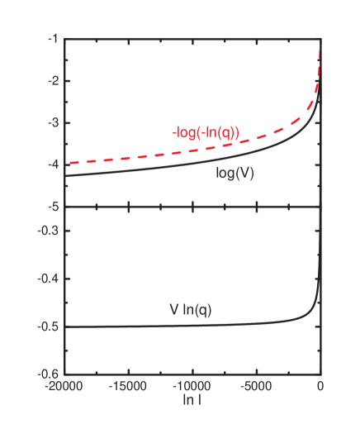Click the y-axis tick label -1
tap(52, 39)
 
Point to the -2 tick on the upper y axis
tap(52, 81)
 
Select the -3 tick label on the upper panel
tap(52, 123)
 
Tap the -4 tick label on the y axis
tap(52, 165)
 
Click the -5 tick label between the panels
tap(52, 207)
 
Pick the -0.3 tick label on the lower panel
tap(48, 230)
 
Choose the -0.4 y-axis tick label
tap(48, 279)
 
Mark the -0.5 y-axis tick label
tap(48, 327)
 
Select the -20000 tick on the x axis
tap(64, 386)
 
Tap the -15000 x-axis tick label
tap(129, 386)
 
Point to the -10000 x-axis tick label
tap(192, 386)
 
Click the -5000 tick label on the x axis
tap(256, 386)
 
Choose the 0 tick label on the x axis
tap(320, 386)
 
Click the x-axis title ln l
tap(192, 399)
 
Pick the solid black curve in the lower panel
tap(165, 325)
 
